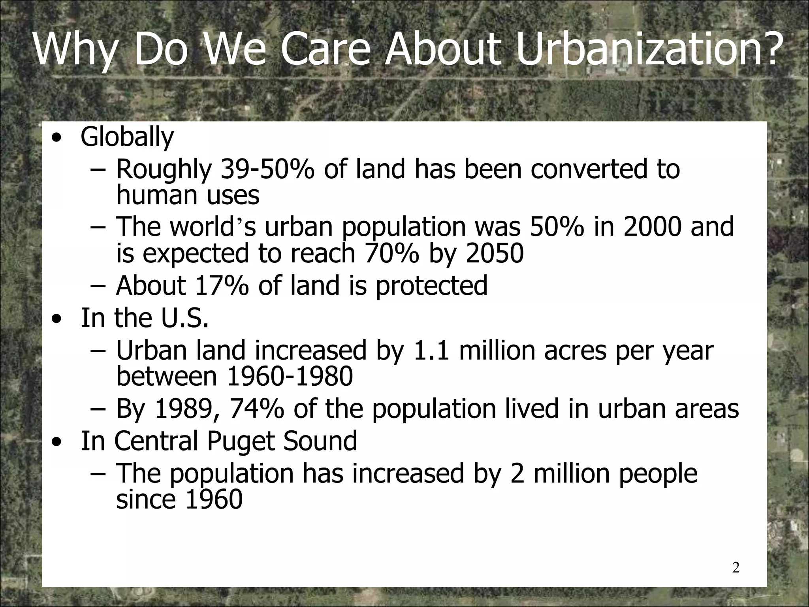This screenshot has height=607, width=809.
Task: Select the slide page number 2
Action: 736,568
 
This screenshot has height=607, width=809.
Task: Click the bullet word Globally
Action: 127,137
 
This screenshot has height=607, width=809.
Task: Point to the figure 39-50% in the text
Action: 267,170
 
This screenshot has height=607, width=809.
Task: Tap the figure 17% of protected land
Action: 222,286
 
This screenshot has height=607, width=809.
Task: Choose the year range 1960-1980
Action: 290,376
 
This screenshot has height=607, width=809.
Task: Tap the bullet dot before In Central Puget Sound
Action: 58,442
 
